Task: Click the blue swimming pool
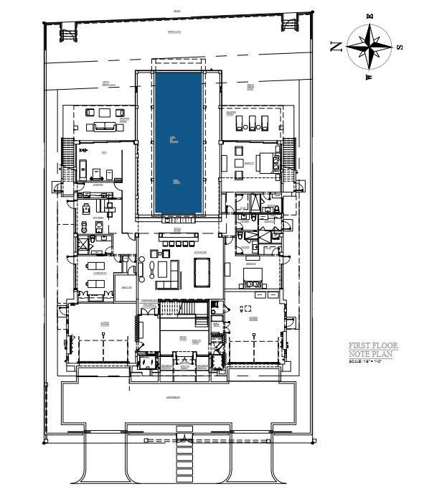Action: [x=179, y=141]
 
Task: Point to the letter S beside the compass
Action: [x=400, y=47]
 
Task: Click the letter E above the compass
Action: [x=370, y=15]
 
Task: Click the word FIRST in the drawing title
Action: [x=361, y=345]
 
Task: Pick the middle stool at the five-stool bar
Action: [x=179, y=243]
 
